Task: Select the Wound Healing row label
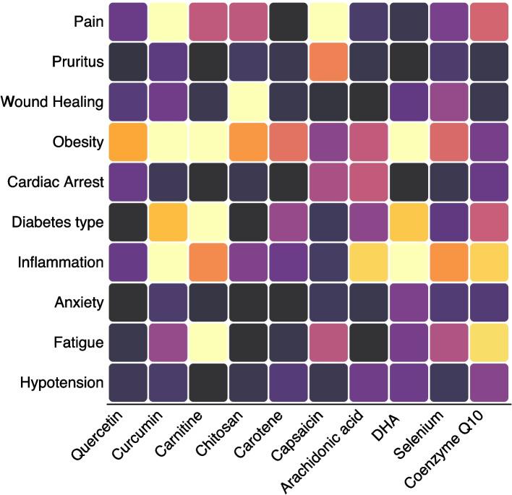point(53,101)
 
